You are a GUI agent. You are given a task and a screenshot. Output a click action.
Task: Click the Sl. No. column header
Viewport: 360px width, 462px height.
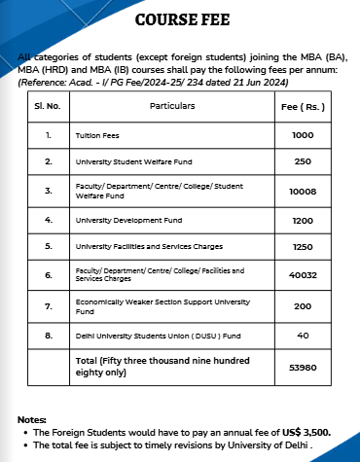[48, 104]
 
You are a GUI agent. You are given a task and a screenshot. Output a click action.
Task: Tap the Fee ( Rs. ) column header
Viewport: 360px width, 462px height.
[303, 104]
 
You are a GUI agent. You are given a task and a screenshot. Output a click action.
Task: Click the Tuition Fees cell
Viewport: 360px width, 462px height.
[98, 135]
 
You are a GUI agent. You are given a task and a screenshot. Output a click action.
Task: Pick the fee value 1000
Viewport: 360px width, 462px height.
[303, 135]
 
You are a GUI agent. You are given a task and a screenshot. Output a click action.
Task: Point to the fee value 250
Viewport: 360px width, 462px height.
[303, 160]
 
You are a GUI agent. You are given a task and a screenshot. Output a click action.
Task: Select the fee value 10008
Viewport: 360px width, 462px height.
[303, 192]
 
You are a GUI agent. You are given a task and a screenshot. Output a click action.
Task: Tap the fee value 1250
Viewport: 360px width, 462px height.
[303, 247]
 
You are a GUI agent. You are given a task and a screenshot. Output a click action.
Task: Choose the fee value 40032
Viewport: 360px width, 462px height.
[303, 275]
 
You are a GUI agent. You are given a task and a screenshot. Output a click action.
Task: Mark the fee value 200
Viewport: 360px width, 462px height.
[303, 305]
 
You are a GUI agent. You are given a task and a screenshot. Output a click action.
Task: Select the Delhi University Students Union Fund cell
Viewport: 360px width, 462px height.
[145, 336]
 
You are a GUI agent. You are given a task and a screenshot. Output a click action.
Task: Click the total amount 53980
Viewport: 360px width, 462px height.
[303, 369]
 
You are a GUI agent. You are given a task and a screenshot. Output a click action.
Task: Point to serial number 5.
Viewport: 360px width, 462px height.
[48, 247]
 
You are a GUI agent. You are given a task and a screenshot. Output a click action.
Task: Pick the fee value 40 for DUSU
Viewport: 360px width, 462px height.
[303, 336]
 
